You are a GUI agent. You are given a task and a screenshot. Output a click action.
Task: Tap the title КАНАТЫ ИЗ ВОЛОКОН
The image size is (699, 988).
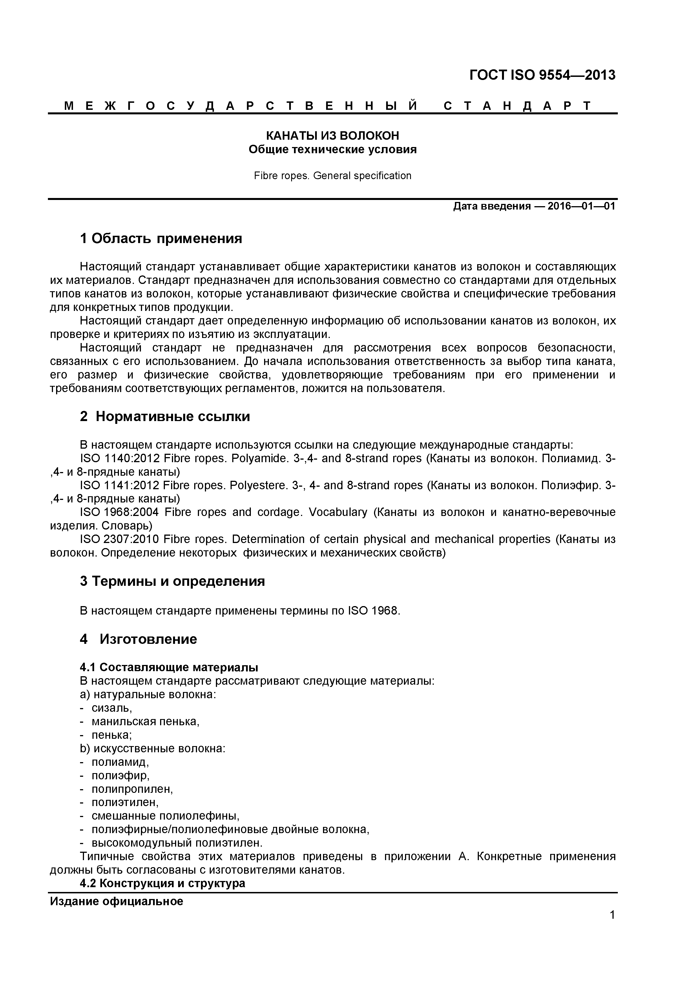point(333,135)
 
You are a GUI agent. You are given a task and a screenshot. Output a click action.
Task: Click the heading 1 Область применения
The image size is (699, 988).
point(161,238)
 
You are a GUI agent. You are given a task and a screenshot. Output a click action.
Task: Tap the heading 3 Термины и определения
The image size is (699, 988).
point(172,581)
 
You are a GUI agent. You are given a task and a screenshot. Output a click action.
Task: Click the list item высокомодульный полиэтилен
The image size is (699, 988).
point(176,843)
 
